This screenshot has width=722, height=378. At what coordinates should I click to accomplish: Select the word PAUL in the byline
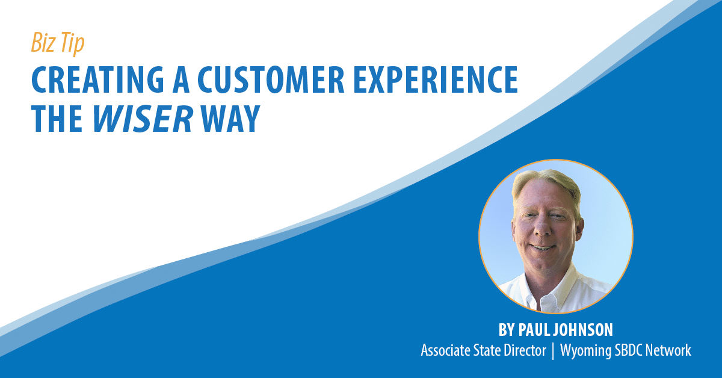[538, 330]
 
